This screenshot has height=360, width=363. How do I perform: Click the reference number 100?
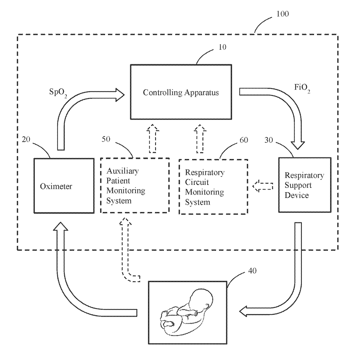point(282,14)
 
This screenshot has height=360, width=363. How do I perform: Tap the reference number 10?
point(222,47)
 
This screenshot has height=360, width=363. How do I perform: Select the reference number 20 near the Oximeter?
point(26,139)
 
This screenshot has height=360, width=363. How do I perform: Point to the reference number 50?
point(106,139)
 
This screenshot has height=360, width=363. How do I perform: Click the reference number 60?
point(244,140)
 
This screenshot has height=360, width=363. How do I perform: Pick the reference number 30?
point(269,140)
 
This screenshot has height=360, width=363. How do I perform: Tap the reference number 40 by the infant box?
point(252,271)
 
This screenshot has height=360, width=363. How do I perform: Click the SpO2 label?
point(58,93)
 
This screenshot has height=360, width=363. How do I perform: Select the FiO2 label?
point(302,88)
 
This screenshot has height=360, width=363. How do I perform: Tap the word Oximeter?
point(56,186)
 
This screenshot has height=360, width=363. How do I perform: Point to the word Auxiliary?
point(123,171)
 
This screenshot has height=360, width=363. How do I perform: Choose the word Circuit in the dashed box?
point(197,182)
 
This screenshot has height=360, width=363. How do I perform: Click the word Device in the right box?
point(297,195)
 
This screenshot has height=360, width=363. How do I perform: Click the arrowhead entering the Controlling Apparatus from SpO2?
point(120,95)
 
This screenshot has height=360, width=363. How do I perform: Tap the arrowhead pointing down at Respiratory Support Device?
point(298,145)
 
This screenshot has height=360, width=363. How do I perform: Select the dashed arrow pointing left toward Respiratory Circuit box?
point(263,186)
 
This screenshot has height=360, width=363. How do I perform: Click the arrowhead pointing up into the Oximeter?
point(61,226)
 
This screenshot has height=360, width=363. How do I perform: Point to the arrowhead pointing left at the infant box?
point(243,311)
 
